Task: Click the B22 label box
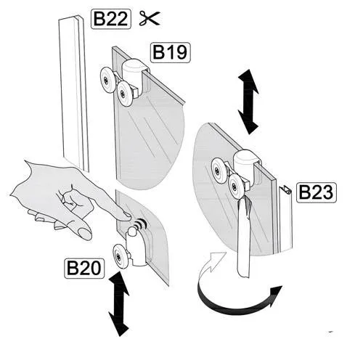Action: (111, 19)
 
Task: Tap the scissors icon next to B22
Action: (150, 18)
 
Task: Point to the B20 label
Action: (84, 268)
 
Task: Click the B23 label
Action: (317, 192)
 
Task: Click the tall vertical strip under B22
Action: (73, 93)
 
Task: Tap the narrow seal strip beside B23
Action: (285, 219)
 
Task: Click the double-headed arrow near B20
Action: (119, 303)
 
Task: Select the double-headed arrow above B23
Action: (248, 102)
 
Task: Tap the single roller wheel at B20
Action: (121, 256)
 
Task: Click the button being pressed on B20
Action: (132, 232)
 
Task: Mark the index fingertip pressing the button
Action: (128, 216)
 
